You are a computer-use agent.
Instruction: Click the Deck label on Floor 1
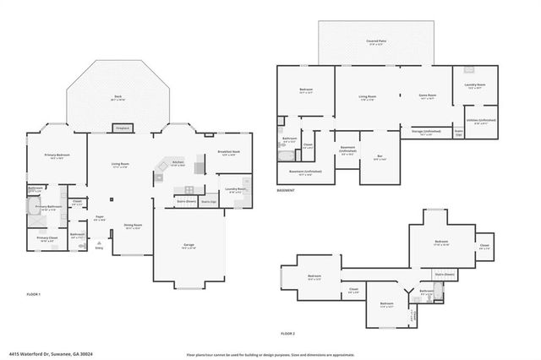tap(118, 97)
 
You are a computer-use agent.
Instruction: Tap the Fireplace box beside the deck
tap(118, 128)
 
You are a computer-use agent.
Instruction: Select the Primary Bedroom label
tap(57, 156)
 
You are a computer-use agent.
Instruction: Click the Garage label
tap(189, 245)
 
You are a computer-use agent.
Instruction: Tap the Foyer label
tap(99, 218)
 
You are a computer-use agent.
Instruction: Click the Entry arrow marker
tap(100, 248)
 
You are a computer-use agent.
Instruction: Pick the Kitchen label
tap(178, 161)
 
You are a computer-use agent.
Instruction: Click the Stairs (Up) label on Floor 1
tap(208, 203)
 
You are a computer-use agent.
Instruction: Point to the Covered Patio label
tap(376, 41)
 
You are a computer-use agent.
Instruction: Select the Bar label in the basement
tap(379, 156)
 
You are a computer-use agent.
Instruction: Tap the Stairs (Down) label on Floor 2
tap(445, 275)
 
